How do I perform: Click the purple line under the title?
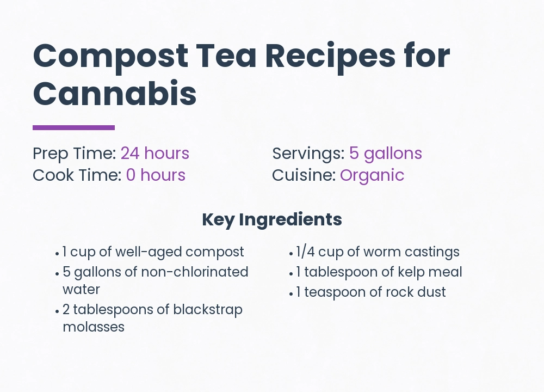point(73,127)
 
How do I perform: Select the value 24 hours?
point(155,154)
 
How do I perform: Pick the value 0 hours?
point(156,175)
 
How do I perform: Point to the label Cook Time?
point(77,175)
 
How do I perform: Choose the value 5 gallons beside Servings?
point(386,154)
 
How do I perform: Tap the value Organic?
point(372,175)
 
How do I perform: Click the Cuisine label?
point(304,175)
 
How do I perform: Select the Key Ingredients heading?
point(272,219)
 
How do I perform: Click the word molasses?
point(94,327)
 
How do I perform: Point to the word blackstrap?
point(208,310)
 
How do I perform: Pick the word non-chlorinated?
point(195,272)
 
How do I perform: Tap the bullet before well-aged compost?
point(57,253)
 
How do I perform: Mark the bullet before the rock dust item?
point(291,293)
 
